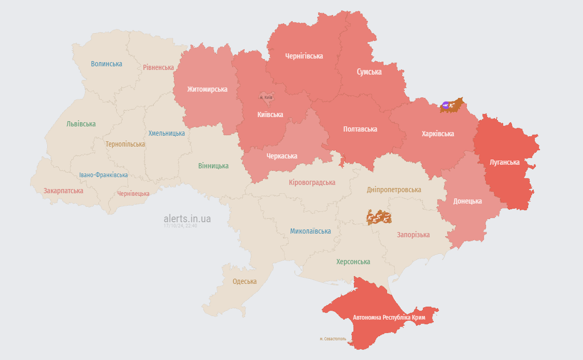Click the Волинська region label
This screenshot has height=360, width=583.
106,64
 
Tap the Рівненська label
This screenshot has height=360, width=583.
159,67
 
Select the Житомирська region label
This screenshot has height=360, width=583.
207,89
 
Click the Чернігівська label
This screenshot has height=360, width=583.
304,56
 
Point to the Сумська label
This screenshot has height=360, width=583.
369,72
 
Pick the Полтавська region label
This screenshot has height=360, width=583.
360,129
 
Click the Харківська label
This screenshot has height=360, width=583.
438,134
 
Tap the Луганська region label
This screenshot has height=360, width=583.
504,162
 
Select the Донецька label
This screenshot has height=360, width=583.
467,201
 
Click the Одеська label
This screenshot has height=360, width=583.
245,281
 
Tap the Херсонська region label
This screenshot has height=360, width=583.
353,262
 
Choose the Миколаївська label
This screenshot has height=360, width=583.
310,231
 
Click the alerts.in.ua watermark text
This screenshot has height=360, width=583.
187,219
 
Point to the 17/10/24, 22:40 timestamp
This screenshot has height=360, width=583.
180,226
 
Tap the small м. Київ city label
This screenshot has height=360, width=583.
266,97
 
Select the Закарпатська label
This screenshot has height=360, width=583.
63,191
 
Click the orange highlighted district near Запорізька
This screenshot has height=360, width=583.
379,217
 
